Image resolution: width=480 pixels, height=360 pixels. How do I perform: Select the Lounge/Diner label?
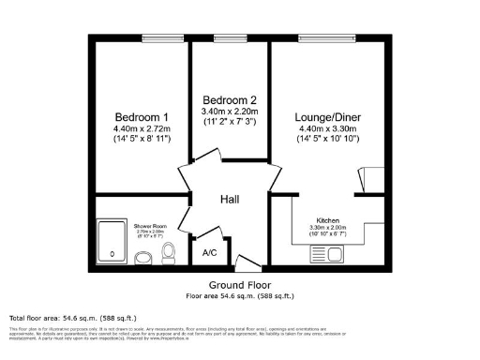tap(329, 117)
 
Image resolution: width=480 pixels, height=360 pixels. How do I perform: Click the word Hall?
tap(231, 201)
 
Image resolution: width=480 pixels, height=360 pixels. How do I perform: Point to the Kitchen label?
tap(327, 220)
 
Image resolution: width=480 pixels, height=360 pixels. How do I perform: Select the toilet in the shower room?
tap(166, 252)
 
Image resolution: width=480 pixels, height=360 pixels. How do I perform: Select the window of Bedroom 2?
tap(231, 38)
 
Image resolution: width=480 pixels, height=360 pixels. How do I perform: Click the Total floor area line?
tap(57, 318)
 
